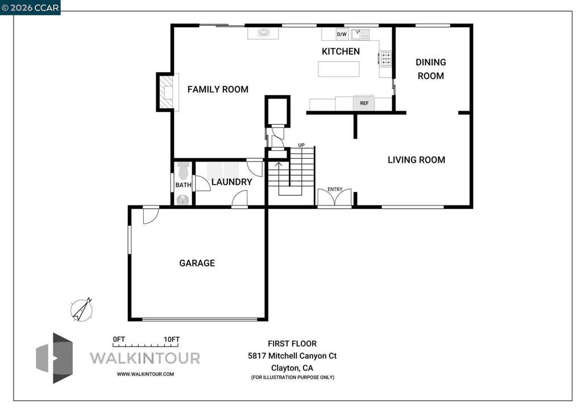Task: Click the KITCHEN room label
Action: click(340, 51)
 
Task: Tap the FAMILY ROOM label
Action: click(218, 89)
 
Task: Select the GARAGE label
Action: click(197, 263)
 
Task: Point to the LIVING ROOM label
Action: click(416, 160)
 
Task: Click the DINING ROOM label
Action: click(431, 69)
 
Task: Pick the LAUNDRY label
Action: click(232, 182)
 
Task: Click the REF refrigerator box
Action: click(364, 103)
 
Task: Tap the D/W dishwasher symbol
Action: click(342, 34)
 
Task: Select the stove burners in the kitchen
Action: click(385, 59)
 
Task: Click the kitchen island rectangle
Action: click(339, 69)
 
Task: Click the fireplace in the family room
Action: click(167, 92)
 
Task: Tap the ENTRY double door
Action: click(334, 197)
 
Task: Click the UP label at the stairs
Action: click(301, 145)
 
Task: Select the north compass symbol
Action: click(82, 310)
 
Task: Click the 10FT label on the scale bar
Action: click(172, 340)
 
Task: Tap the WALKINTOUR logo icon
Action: click(54, 358)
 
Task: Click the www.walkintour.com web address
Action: click(145, 374)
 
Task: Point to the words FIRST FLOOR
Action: click(292, 344)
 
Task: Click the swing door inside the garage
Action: click(151, 216)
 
